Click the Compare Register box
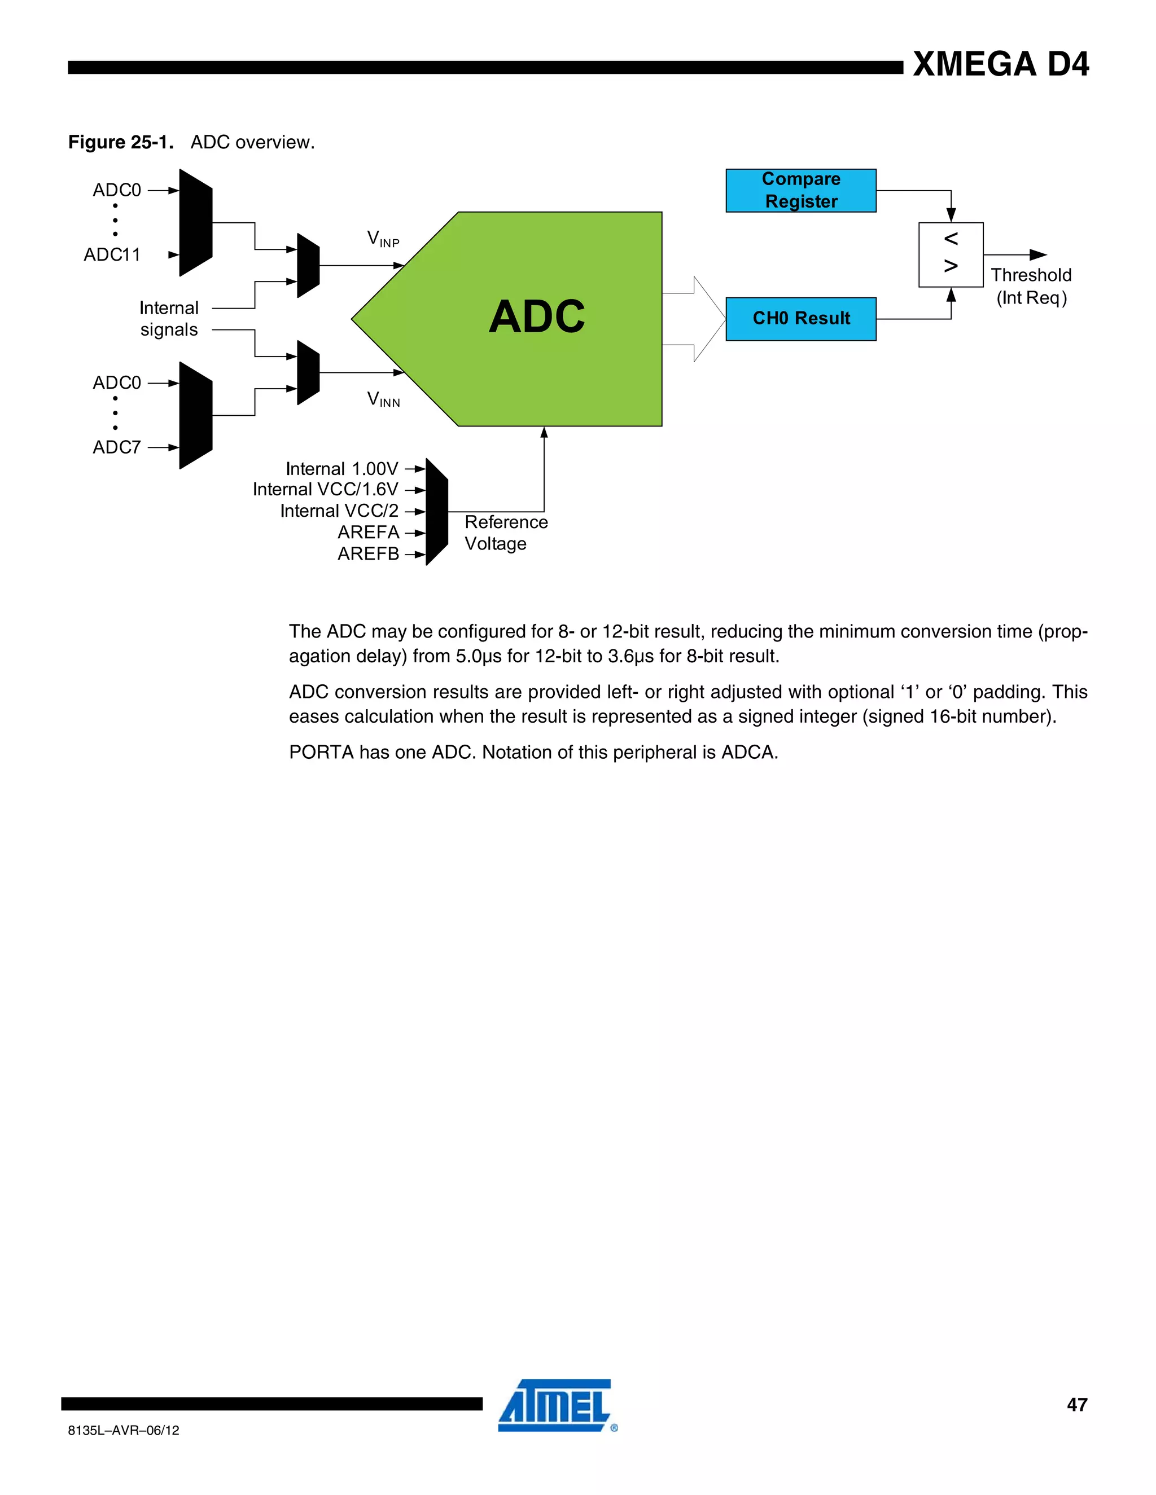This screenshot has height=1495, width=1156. point(800,190)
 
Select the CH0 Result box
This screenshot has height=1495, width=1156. point(800,318)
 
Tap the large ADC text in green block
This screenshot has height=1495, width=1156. point(537,317)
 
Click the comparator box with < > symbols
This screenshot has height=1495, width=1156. point(951,254)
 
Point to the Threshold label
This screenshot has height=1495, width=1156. point(1031,275)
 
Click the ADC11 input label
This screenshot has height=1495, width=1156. point(112,254)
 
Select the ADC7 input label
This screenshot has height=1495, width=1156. point(116,447)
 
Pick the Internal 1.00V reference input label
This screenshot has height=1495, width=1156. point(341,469)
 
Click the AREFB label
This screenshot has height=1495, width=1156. point(368,554)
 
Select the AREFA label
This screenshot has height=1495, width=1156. point(368,532)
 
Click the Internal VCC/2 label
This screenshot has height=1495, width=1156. point(339,511)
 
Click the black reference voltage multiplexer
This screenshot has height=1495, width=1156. point(436,511)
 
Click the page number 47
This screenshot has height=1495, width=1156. point(1076,1405)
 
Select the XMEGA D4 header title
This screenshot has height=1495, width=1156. point(1001,64)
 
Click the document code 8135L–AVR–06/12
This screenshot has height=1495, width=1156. point(123,1430)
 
